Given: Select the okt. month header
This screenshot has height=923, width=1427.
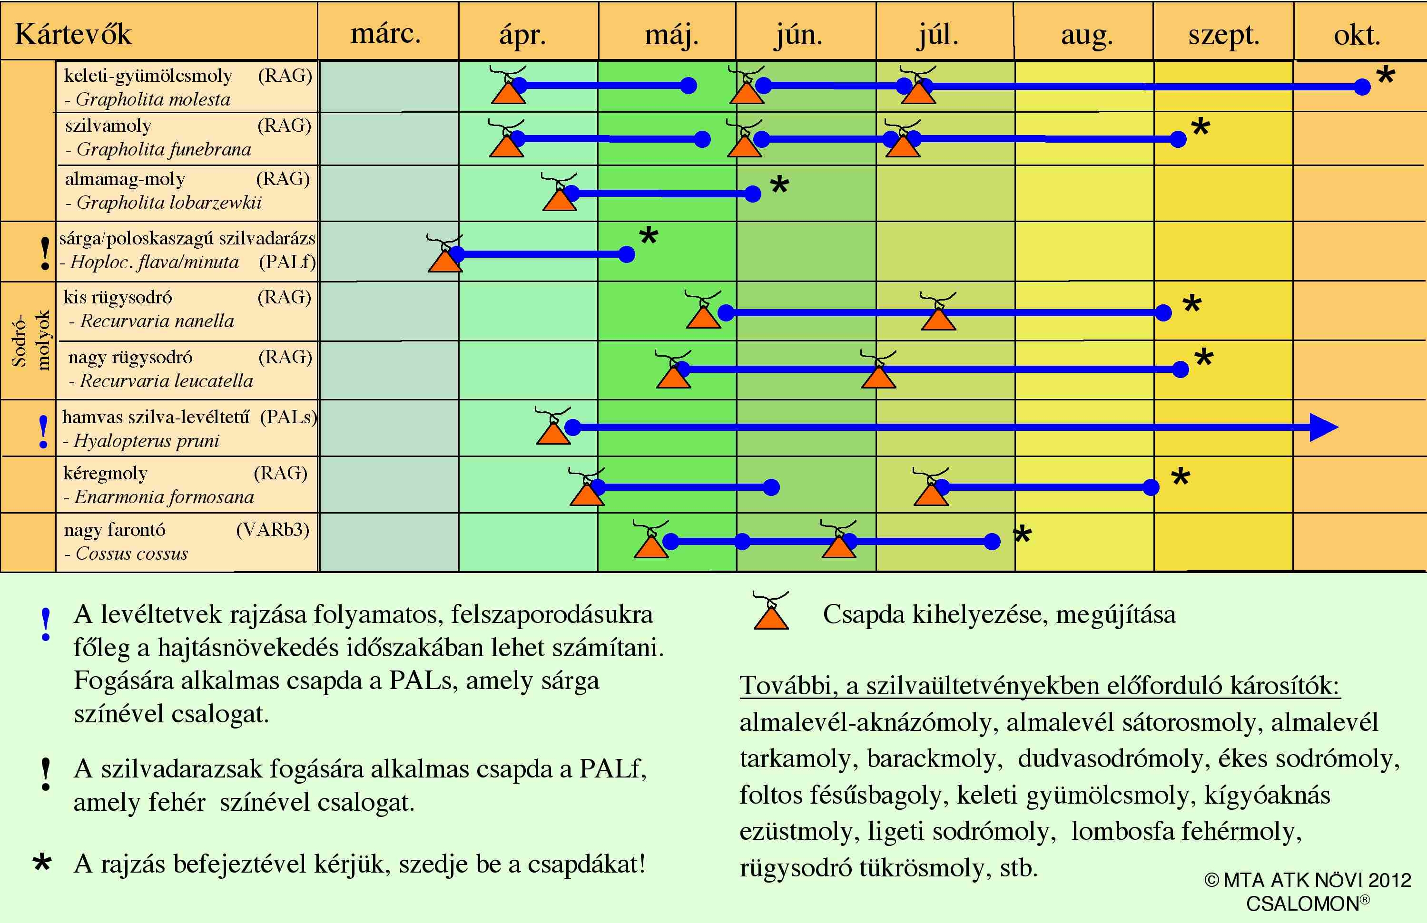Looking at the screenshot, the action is pos(1357,35).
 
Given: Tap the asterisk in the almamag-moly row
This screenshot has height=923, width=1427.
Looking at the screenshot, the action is pos(779,184).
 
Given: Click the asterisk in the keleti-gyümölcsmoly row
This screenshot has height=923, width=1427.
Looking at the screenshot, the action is pos(1386,76).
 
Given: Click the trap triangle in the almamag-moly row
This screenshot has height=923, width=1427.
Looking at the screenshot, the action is pos(560,198).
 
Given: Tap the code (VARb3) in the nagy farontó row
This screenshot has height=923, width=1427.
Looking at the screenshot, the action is pos(272,530).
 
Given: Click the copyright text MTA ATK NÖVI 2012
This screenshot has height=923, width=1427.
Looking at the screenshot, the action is pos(1307,880).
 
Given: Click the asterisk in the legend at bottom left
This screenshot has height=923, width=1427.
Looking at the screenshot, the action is pos(42,863).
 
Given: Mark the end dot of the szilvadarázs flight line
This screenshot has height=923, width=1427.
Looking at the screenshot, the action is pos(627,254).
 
